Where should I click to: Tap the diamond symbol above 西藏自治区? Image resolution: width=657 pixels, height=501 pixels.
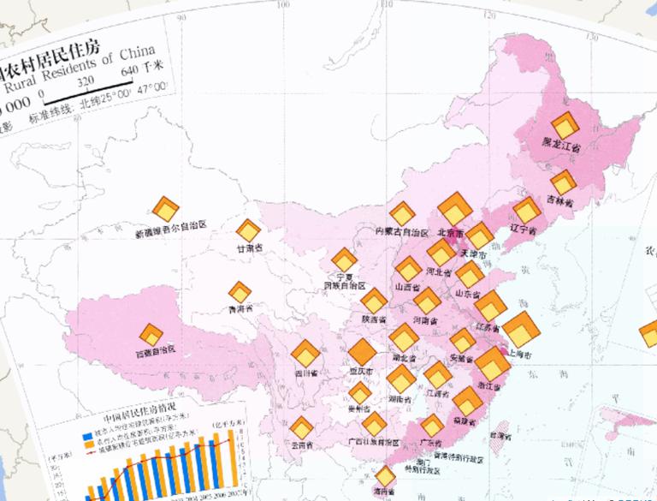click(151, 332)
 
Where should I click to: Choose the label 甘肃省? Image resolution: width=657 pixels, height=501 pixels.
click(249, 248)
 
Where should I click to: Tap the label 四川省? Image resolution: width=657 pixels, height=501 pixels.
click(306, 373)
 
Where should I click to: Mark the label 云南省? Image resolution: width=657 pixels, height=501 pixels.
click(301, 445)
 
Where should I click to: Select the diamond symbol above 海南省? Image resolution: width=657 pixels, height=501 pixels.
click(386, 475)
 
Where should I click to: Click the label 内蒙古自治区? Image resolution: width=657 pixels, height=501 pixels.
click(401, 232)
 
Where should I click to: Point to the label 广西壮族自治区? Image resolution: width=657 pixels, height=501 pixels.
click(375, 443)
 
